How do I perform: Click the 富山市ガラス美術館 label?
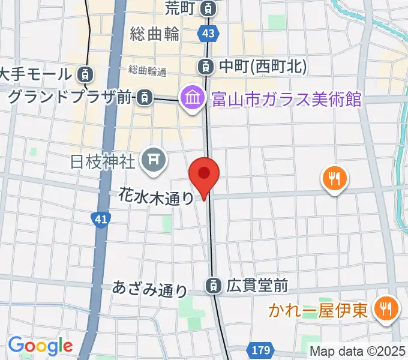[286, 98]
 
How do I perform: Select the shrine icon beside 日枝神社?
[152, 160]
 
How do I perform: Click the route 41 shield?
[100, 220]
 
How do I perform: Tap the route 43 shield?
[208, 35]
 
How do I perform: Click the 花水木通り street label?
[156, 196]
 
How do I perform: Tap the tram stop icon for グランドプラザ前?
[144, 96]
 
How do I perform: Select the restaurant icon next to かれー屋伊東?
[383, 310]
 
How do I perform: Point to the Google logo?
[40, 346]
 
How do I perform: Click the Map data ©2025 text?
[358, 352]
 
